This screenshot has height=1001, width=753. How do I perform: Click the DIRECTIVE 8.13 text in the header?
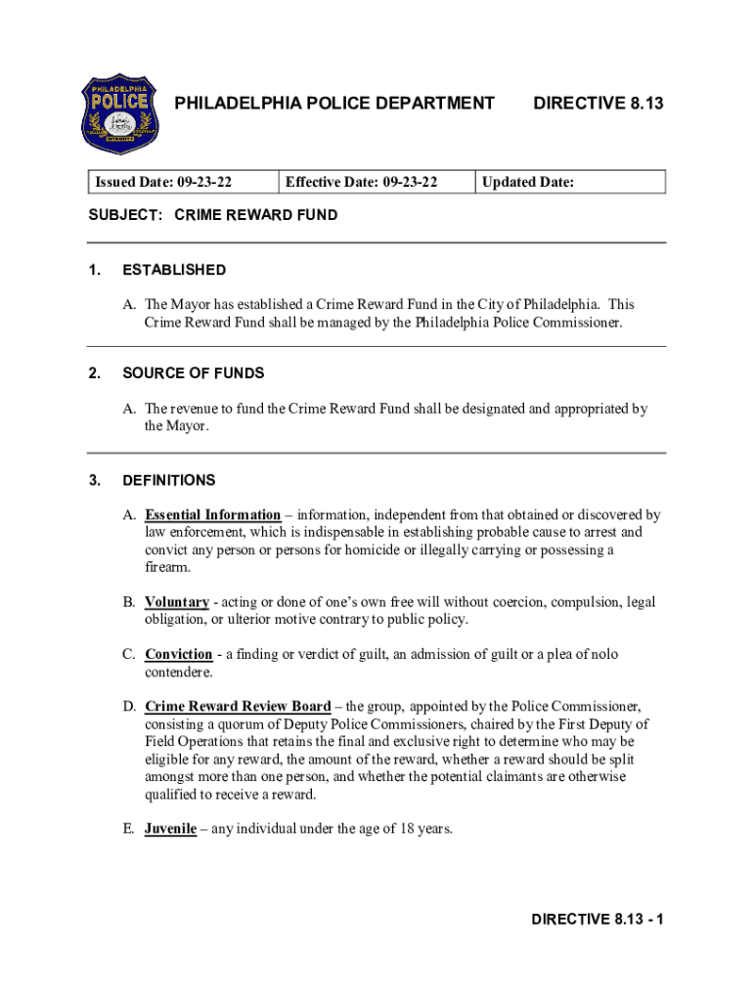click(598, 102)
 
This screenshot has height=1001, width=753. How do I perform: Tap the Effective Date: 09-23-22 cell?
click(361, 182)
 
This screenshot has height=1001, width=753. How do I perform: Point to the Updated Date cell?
click(528, 182)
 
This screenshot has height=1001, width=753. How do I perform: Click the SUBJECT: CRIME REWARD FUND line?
click(213, 215)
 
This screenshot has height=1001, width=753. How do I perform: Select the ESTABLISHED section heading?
click(174, 270)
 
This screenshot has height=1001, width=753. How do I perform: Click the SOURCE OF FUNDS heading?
click(194, 373)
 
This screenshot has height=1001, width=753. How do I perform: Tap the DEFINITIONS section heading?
click(169, 480)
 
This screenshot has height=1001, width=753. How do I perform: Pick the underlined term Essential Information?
click(212, 514)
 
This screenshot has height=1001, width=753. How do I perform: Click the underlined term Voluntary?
click(177, 602)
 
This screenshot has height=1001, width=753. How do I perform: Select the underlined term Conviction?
click(178, 654)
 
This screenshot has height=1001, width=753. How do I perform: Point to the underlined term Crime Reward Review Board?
click(238, 706)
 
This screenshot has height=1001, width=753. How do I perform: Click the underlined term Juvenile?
click(171, 829)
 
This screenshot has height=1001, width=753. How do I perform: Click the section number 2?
click(94, 373)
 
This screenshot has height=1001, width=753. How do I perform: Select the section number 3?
click(94, 480)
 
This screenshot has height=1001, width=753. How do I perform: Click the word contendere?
click(179, 673)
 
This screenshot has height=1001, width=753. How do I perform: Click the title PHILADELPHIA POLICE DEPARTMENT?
click(333, 102)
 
